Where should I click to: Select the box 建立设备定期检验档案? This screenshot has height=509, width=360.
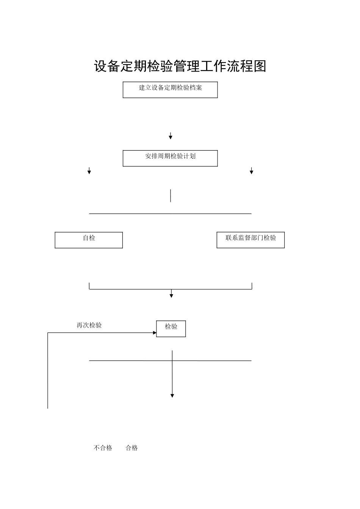pyautogui.click(x=170, y=90)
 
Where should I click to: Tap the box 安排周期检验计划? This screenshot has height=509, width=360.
pyautogui.click(x=170, y=158)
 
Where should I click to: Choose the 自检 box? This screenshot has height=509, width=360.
pyautogui.click(x=89, y=240)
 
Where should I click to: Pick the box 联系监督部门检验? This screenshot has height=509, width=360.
pyautogui.click(x=250, y=240)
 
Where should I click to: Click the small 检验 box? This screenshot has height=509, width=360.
pyautogui.click(x=171, y=328)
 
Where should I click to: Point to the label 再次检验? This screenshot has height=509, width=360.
pyautogui.click(x=89, y=325)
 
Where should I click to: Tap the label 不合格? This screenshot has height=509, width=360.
pyautogui.click(x=103, y=448)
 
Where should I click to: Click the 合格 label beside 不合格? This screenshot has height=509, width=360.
pyautogui.click(x=132, y=448)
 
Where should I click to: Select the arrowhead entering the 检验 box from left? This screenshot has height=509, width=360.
pyautogui.click(x=154, y=333)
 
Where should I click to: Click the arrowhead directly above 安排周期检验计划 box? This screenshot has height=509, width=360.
pyautogui.click(x=171, y=137)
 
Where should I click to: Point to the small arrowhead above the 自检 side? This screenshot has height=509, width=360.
pyautogui.click(x=89, y=172)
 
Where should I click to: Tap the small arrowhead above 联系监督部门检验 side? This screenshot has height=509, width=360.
pyautogui.click(x=251, y=172)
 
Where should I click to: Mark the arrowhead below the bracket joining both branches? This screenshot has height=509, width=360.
pyautogui.click(x=171, y=295)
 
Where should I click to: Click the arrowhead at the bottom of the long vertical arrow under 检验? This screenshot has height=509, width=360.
pyautogui.click(x=172, y=395)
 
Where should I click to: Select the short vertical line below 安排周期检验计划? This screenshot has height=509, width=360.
pyautogui.click(x=171, y=195)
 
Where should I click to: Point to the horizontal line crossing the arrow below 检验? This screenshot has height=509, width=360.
pyautogui.click(x=212, y=361)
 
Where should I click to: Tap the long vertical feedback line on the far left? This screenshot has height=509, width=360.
pyautogui.click(x=48, y=371)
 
